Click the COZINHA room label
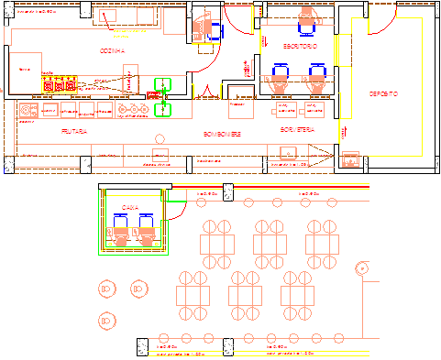pyautogui.click(x=112, y=51)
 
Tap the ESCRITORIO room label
pyautogui.click(x=300, y=45)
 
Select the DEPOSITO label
pyautogui.click(x=383, y=94)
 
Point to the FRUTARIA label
pyautogui.click(x=74, y=132)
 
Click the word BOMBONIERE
pyautogui.click(x=223, y=135)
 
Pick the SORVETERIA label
pyautogui.click(x=298, y=131)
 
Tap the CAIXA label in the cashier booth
pyautogui.click(x=130, y=208)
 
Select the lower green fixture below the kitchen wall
pyautogui.click(x=162, y=110)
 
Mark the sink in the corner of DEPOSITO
pyautogui.click(x=349, y=160)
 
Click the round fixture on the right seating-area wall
pyautogui.click(x=363, y=270)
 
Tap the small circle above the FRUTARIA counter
pyautogui.click(x=159, y=150)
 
